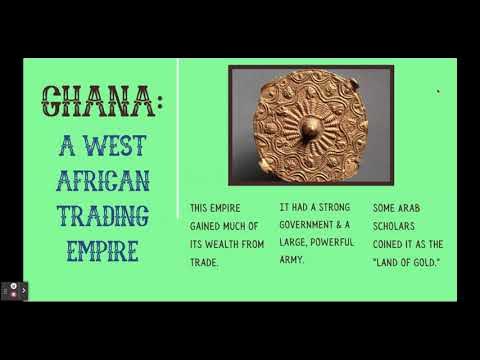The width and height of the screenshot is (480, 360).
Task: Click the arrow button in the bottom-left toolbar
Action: pyautogui.click(x=25, y=290)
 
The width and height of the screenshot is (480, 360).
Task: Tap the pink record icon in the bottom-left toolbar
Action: pyautogui.click(x=12, y=290)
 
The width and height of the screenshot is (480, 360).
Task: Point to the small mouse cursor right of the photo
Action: pyautogui.click(x=438, y=93)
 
